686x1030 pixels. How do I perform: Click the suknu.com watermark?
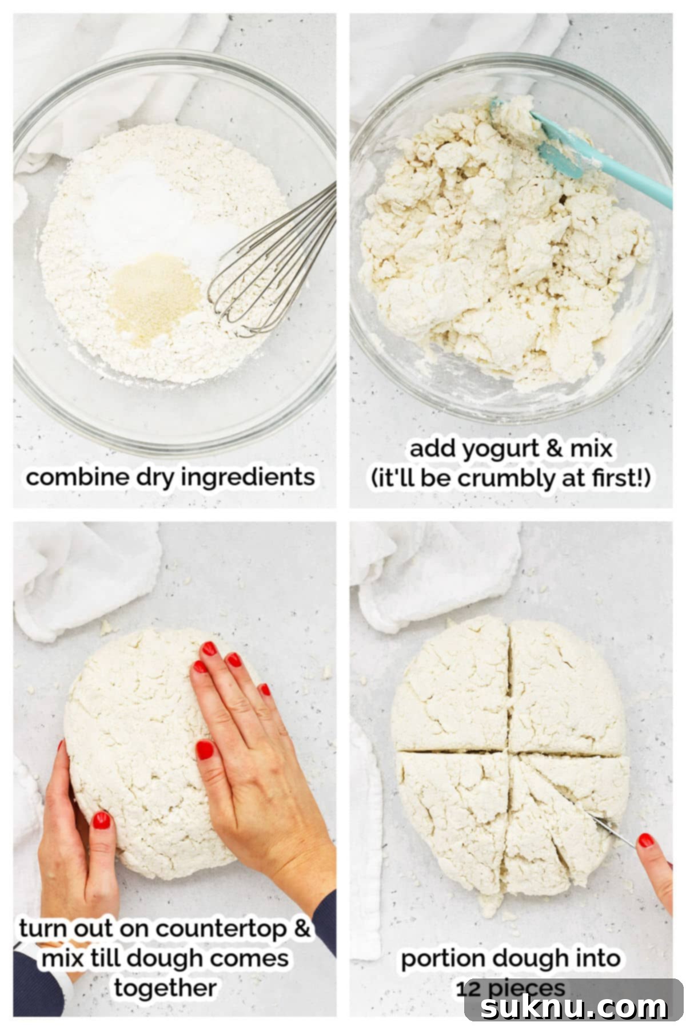click(574, 1008)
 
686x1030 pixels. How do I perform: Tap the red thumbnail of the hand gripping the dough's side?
click(101, 821)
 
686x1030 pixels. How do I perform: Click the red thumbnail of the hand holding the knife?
click(646, 840)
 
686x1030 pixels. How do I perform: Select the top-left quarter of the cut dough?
click(452, 692)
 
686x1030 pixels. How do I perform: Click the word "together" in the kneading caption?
click(165, 988)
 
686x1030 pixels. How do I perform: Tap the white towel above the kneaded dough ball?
click(86, 578)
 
